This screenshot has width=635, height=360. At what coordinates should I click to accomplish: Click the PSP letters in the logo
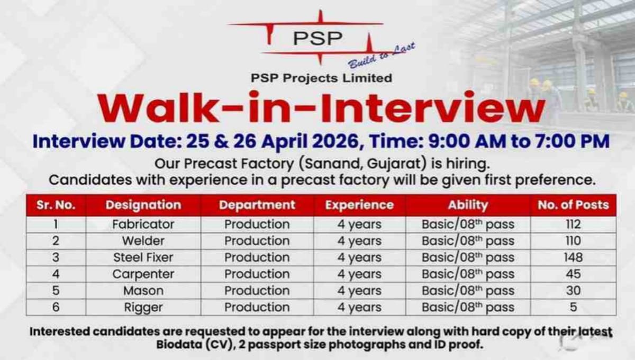(x=318, y=38)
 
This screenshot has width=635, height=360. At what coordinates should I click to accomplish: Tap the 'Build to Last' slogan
(x=381, y=56)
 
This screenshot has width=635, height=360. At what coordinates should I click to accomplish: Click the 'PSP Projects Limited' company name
(x=321, y=78)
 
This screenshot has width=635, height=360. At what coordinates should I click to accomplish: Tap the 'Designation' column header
(x=143, y=205)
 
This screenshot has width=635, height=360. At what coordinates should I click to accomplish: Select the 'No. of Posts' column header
(x=573, y=205)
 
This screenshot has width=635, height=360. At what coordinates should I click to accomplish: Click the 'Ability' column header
(x=468, y=205)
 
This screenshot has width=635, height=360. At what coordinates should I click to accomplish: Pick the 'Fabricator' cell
(x=143, y=224)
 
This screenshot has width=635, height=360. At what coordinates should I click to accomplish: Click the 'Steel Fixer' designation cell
(x=143, y=257)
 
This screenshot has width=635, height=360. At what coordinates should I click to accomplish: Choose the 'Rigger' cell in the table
(x=143, y=307)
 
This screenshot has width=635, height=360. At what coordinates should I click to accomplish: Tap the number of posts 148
(x=573, y=257)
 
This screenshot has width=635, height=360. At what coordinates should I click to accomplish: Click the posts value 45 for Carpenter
(x=573, y=274)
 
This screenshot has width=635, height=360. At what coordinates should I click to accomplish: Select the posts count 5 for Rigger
(x=573, y=307)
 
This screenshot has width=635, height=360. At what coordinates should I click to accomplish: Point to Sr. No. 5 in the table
(x=56, y=291)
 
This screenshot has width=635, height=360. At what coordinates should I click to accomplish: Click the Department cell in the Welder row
(x=257, y=241)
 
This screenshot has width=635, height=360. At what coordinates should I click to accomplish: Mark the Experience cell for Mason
(x=359, y=291)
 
